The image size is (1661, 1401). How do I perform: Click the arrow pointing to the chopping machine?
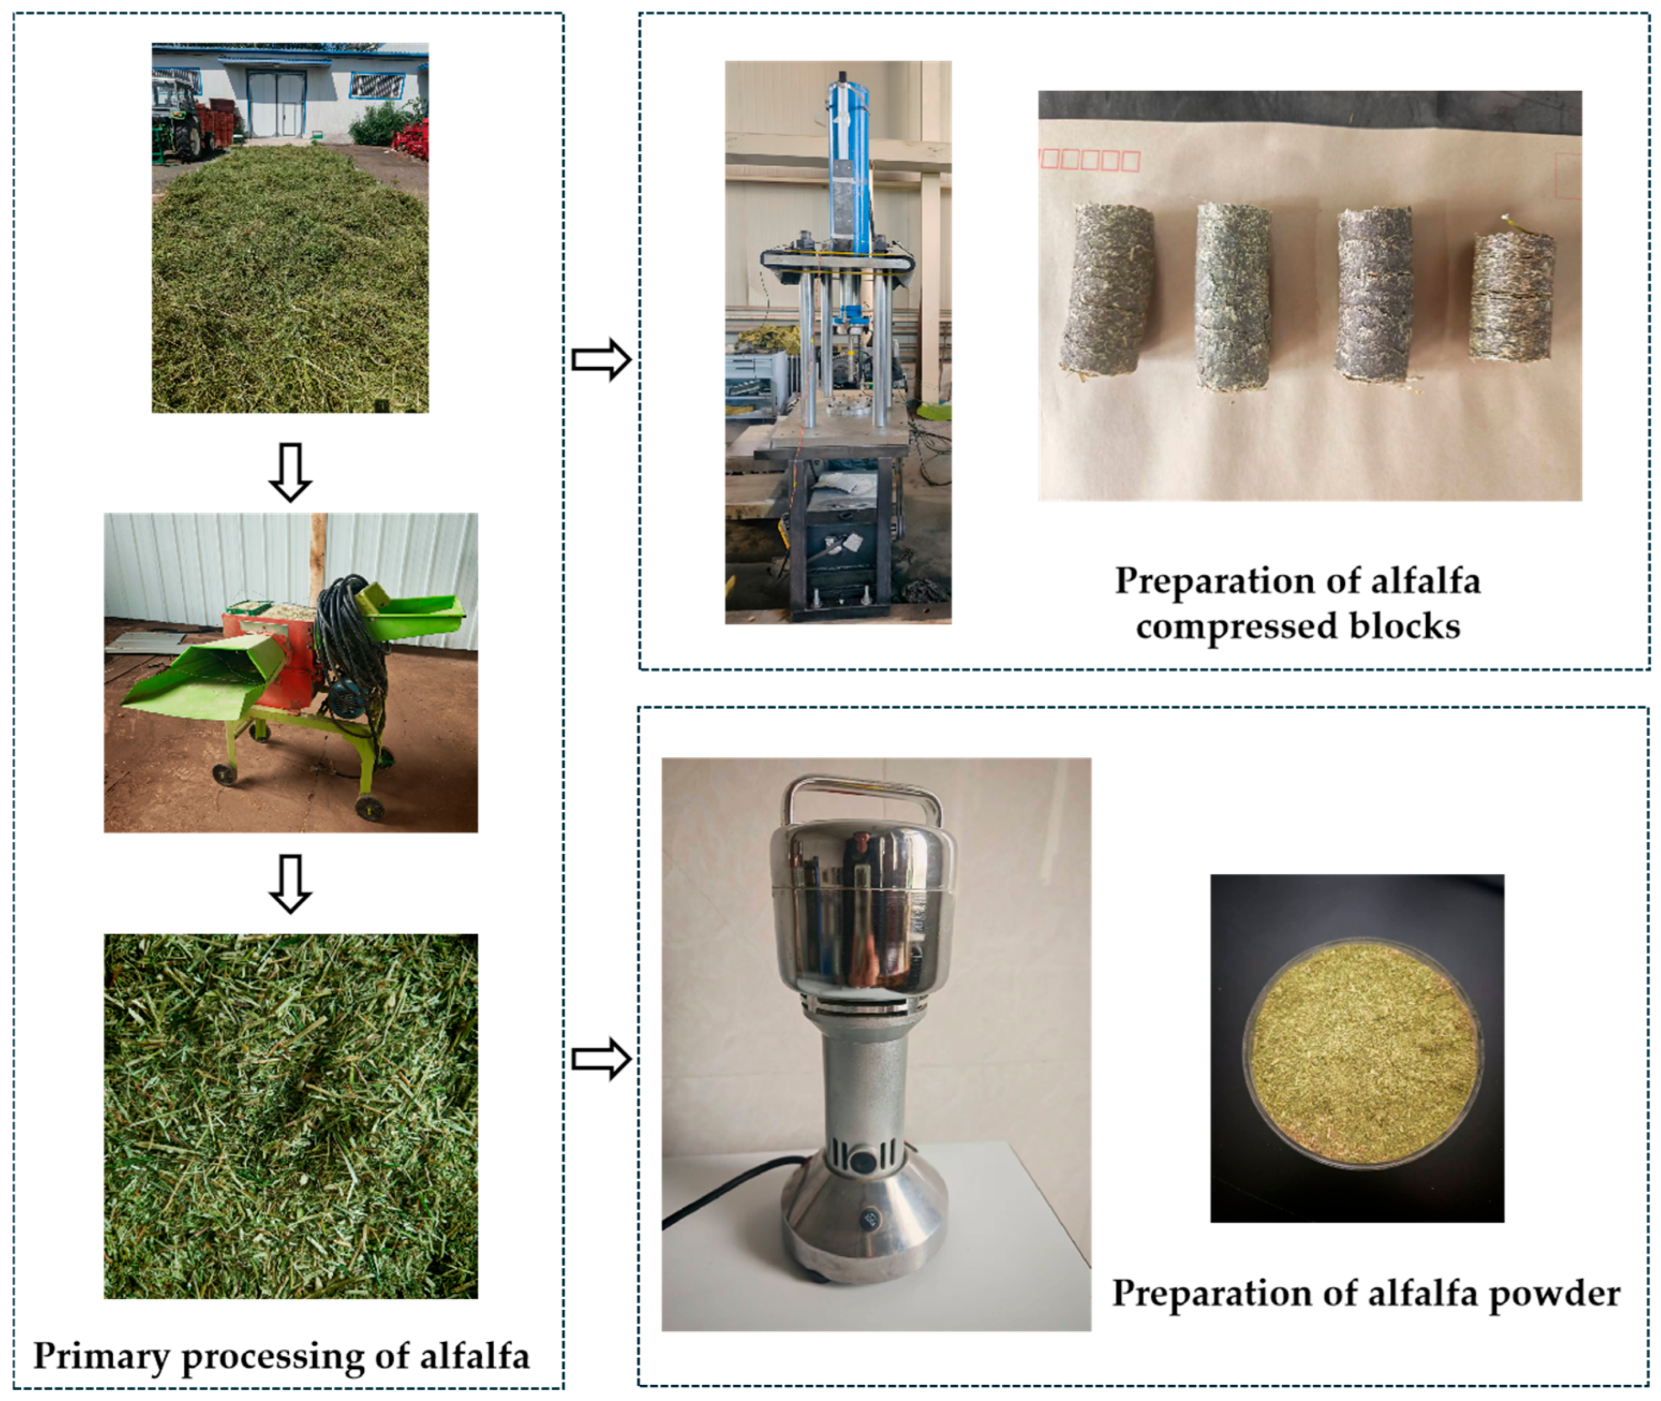290,473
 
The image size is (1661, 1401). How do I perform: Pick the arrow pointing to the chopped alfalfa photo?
290,884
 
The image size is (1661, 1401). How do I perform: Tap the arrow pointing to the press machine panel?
602,360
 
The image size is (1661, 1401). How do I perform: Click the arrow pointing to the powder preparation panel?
602,1059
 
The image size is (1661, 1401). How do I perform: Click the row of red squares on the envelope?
1090,160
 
